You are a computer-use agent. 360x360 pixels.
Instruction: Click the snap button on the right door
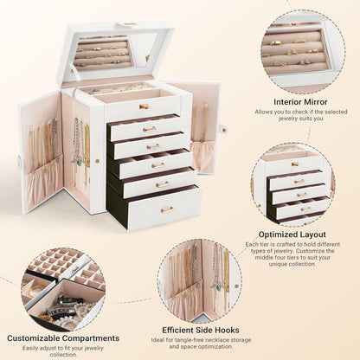click(x=222, y=130)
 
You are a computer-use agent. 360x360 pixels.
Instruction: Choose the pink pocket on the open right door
click(x=204, y=156)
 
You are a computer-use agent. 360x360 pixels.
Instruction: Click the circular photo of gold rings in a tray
click(x=299, y=50)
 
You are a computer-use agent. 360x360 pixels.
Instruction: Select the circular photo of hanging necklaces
click(x=199, y=279)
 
